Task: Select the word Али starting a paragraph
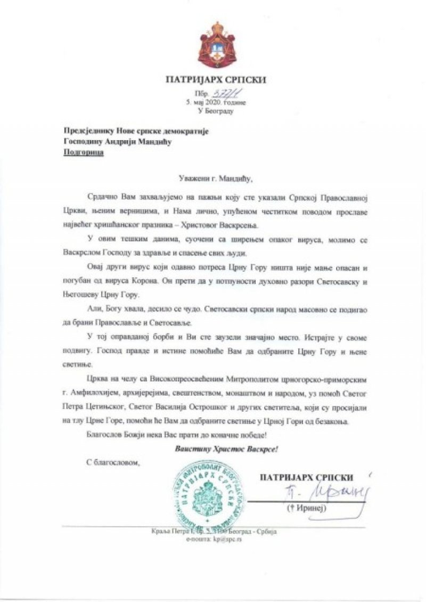click(93, 308)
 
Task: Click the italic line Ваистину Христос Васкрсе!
click(227, 449)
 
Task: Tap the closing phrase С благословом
click(112, 462)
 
